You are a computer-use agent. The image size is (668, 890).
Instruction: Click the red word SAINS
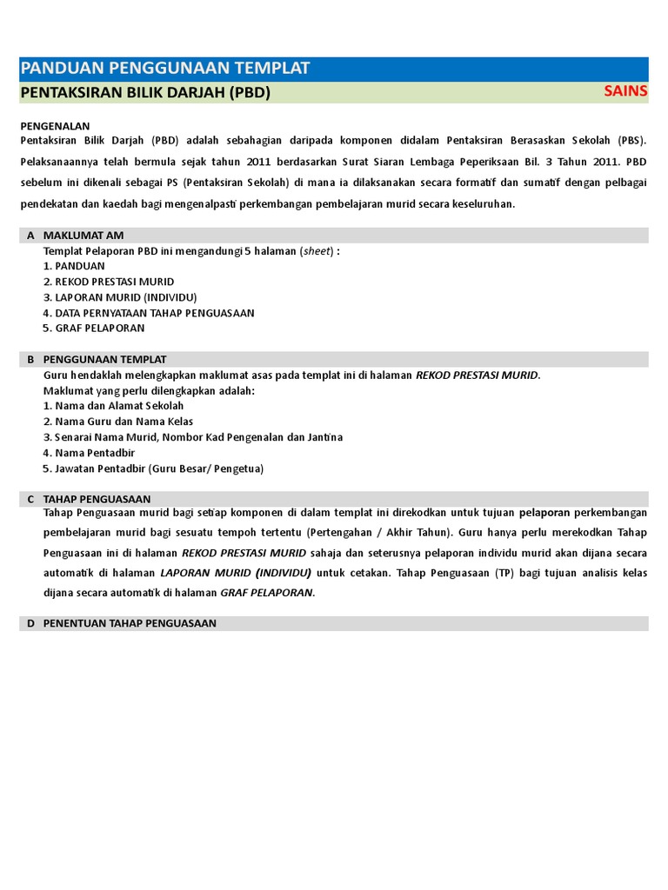[625, 92]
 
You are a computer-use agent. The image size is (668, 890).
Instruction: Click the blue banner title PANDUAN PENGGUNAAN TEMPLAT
[164, 69]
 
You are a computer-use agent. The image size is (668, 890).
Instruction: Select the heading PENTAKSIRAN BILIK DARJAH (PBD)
[144, 93]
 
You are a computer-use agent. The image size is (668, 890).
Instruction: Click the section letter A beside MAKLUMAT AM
[30, 236]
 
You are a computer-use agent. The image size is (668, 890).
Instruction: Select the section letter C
[30, 499]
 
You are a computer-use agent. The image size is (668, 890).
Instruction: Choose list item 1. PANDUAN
[74, 266]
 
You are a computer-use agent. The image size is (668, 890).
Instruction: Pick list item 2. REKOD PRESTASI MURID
[109, 282]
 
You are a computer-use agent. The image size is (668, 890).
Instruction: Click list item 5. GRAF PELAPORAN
[94, 329]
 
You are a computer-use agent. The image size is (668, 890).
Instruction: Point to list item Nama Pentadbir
[95, 453]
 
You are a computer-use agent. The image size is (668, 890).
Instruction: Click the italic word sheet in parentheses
[315, 251]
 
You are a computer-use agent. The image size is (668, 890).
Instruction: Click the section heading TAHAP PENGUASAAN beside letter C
[97, 499]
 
